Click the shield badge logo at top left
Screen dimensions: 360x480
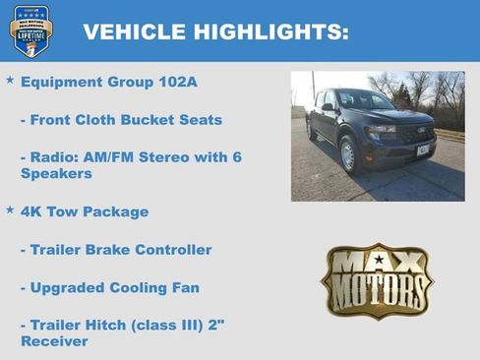tap(31, 30)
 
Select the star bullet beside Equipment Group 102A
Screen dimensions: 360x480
tap(11, 78)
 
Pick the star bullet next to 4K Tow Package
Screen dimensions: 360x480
tap(11, 210)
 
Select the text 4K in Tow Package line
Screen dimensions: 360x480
tap(31, 211)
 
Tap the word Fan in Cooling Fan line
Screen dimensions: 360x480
tap(185, 288)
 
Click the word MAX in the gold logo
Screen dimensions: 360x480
tap(378, 263)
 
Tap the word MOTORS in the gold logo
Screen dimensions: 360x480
tap(378, 292)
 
